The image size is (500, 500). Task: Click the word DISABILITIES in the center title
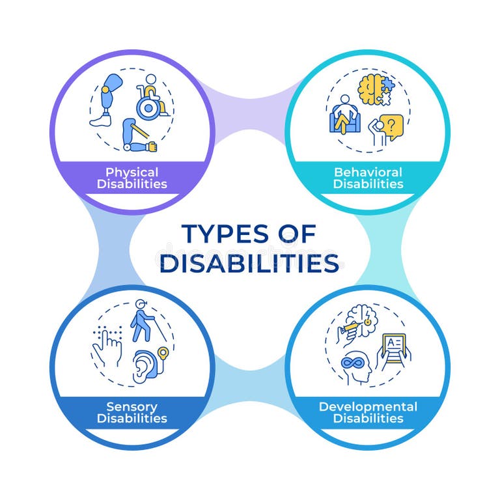coord(249,264)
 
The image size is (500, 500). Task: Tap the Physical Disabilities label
coord(132,178)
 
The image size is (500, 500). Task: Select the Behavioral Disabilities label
coord(368,178)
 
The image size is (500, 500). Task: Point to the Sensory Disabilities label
coord(132,412)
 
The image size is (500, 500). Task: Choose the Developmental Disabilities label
coord(368,412)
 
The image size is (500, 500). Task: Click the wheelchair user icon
coord(152,98)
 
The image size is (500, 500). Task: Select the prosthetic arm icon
coord(139,135)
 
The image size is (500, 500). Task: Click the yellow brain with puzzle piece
coord(375,90)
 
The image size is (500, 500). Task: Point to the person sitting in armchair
coord(345,116)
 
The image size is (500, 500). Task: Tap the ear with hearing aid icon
coord(148,365)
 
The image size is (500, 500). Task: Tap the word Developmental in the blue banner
coord(368,407)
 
